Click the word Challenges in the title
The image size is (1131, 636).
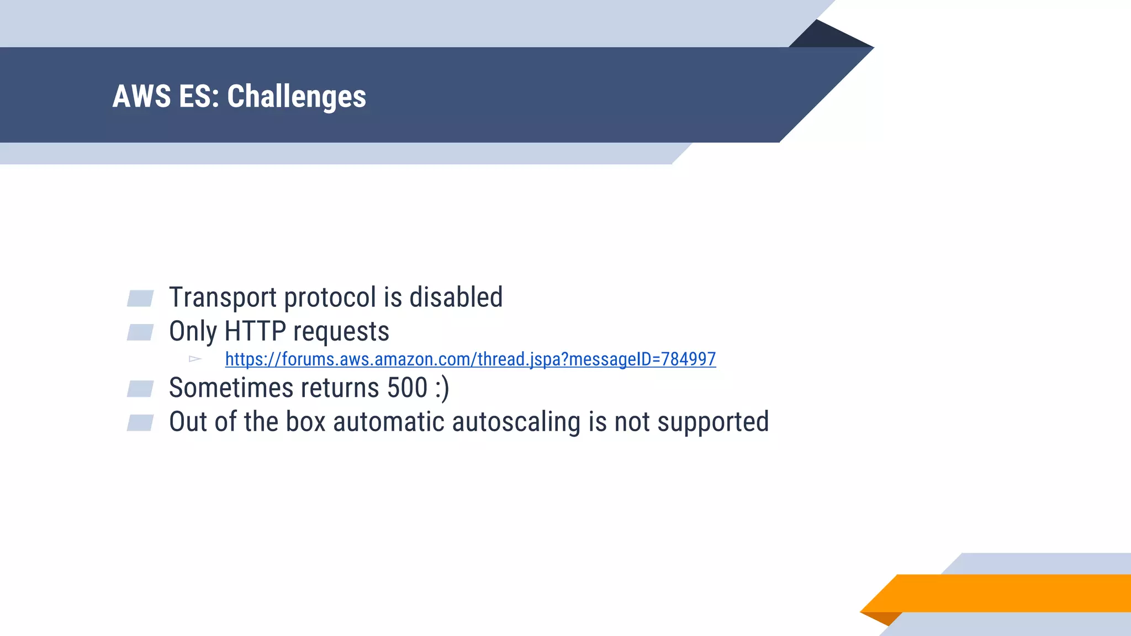click(x=297, y=97)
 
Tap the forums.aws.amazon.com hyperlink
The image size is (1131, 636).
click(x=470, y=359)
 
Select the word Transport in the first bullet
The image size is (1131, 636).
click(x=223, y=298)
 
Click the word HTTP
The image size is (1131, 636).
click(x=255, y=332)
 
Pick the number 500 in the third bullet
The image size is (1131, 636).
click(x=407, y=388)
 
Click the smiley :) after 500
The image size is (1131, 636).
click(x=442, y=388)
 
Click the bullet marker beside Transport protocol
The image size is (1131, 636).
click(x=140, y=298)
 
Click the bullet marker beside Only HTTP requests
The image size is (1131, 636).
click(x=140, y=332)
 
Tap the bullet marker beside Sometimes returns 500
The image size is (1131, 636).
click(x=140, y=389)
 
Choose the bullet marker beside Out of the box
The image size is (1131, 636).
click(x=140, y=423)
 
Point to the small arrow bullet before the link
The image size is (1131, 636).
click(x=195, y=359)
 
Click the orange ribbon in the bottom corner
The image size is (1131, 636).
click(x=1005, y=593)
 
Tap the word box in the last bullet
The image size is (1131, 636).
click(x=305, y=422)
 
